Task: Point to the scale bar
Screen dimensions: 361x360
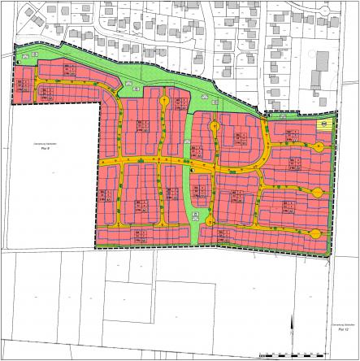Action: tap(284, 354)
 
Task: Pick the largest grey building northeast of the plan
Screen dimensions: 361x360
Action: tap(322, 62)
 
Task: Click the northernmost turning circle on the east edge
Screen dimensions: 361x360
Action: tap(318, 147)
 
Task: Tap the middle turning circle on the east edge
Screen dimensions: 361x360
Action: tap(318, 193)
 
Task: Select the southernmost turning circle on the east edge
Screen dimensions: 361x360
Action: tap(318, 231)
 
